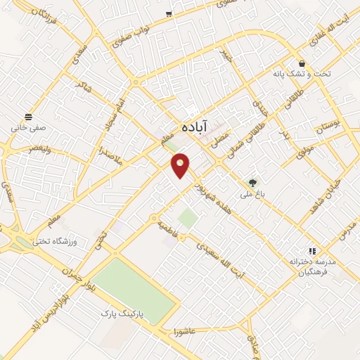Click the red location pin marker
click(181, 165)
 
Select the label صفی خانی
click(27, 129)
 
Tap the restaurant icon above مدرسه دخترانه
click(311, 250)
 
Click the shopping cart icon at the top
click(169, 13)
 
